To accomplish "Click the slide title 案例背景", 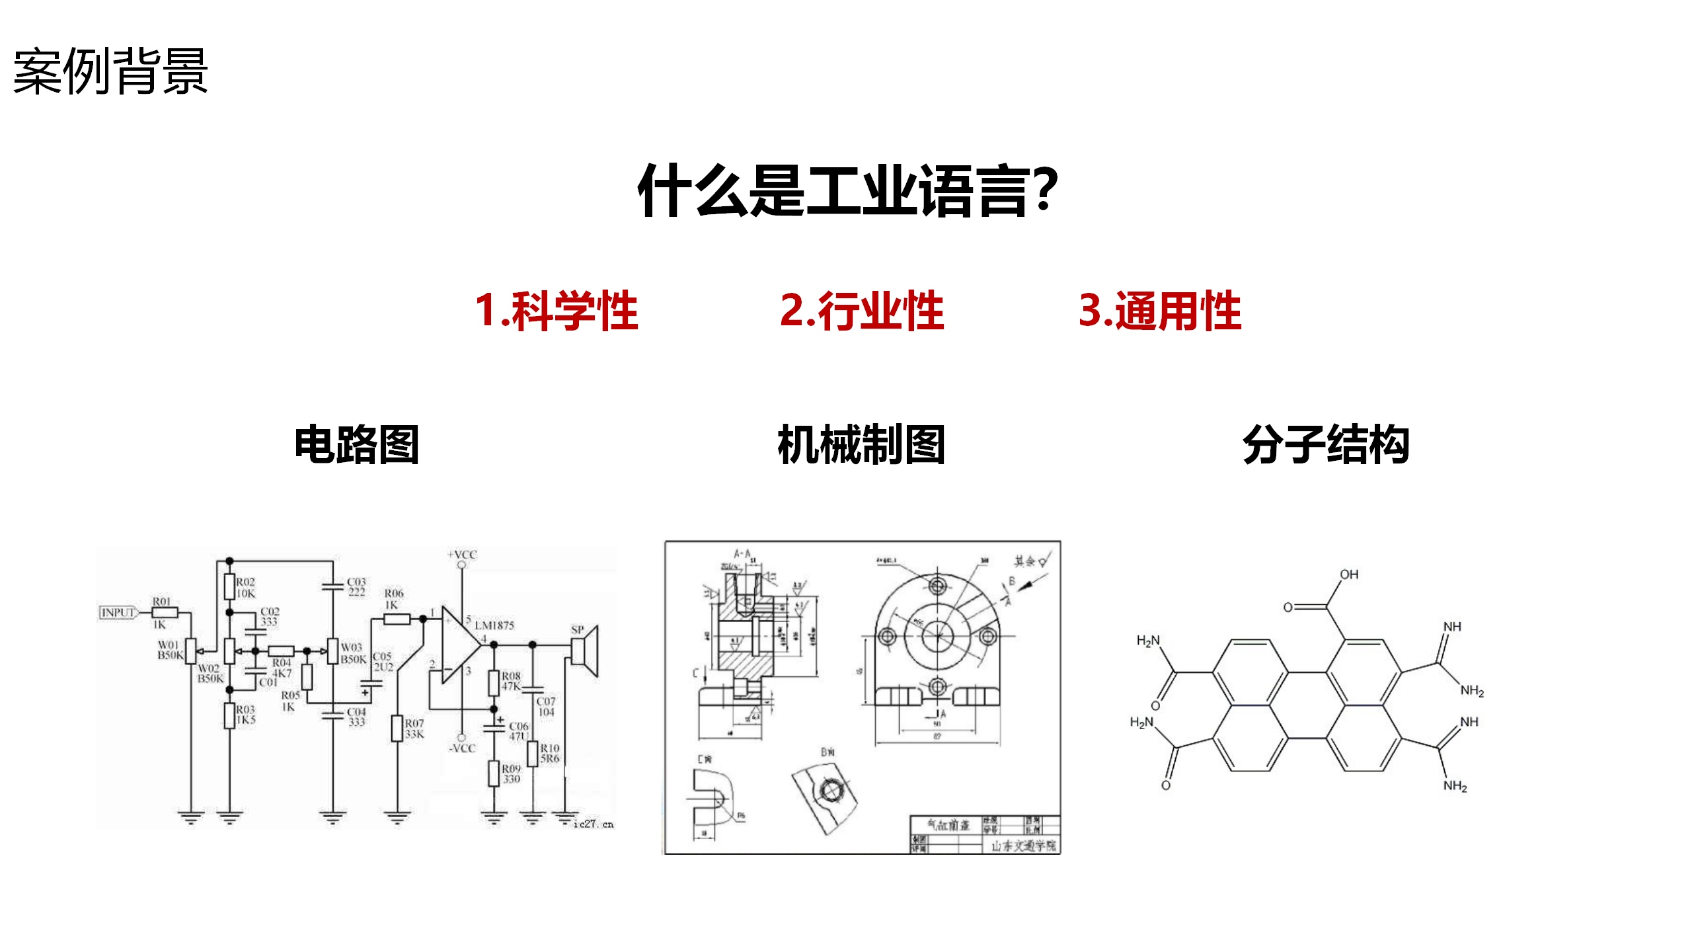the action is (x=110, y=71).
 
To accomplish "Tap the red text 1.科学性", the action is (x=557, y=311).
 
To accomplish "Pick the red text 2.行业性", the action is (x=862, y=311).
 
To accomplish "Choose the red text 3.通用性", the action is (x=1160, y=311).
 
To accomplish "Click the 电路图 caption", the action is (x=357, y=445).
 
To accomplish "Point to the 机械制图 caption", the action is (x=861, y=445).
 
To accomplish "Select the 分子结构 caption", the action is (x=1326, y=445).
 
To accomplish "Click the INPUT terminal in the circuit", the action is (x=118, y=613).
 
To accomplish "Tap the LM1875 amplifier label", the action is (x=494, y=625).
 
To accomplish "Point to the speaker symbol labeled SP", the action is (x=586, y=651).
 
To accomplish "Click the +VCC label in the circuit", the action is (x=463, y=555).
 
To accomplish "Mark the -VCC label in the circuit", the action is (x=462, y=748).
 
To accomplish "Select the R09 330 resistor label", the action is (x=511, y=774).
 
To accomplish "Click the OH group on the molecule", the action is (x=1349, y=575).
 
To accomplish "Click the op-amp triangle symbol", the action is (x=460, y=644).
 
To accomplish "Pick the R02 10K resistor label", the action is (x=245, y=588).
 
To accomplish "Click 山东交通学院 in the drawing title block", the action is (x=1023, y=846).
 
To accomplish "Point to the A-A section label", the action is (x=742, y=553).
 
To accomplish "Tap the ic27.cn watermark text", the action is (x=594, y=824).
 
